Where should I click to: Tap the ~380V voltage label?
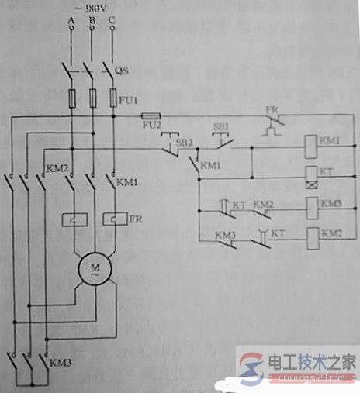[92, 10]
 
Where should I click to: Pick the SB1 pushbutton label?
[220, 126]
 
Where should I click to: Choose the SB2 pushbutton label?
[183, 143]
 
